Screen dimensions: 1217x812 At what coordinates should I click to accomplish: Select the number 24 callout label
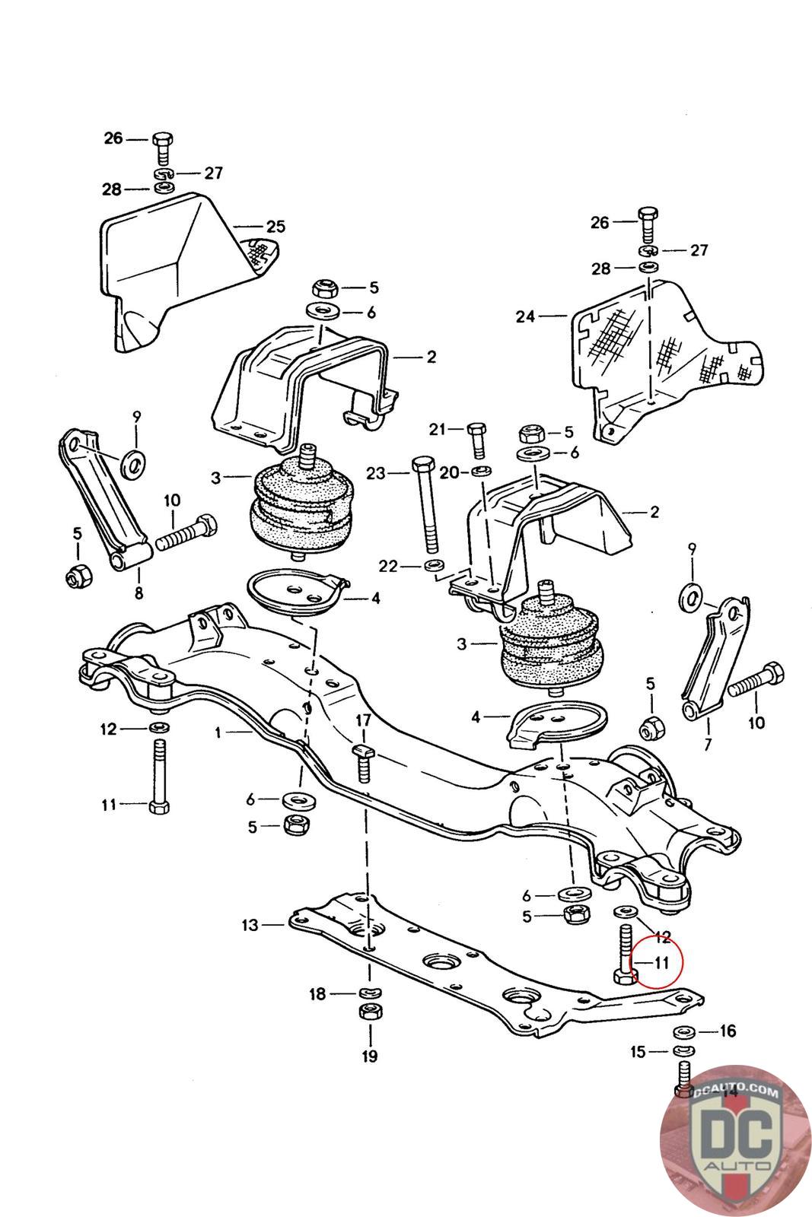[x=525, y=316]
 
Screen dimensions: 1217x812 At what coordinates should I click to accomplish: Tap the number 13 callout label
[x=250, y=925]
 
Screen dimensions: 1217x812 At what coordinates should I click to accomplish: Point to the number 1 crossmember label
[x=218, y=733]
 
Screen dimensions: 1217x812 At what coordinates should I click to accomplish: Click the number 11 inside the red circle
[x=661, y=963]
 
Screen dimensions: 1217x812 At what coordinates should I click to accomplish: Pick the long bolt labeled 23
[x=425, y=504]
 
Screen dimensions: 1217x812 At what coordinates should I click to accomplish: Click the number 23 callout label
[x=376, y=473]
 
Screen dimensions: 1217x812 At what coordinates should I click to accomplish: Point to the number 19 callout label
[x=370, y=1056]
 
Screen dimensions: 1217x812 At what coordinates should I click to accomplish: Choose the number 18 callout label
[x=318, y=993]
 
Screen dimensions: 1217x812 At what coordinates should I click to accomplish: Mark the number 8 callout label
[x=139, y=593]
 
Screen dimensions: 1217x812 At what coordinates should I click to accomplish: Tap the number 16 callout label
[x=728, y=1031]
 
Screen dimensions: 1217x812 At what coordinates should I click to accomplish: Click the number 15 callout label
[x=638, y=1051]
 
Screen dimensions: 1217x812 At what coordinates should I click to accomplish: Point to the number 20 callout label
[x=449, y=472]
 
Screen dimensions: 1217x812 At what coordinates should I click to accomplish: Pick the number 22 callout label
[x=388, y=566]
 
